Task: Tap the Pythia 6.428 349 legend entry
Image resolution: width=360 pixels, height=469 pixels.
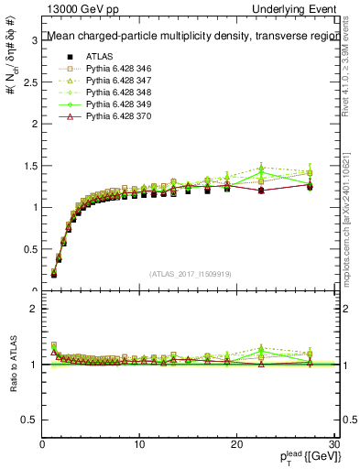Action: (114, 106)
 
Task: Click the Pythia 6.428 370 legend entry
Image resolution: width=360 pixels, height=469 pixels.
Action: (114, 119)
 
